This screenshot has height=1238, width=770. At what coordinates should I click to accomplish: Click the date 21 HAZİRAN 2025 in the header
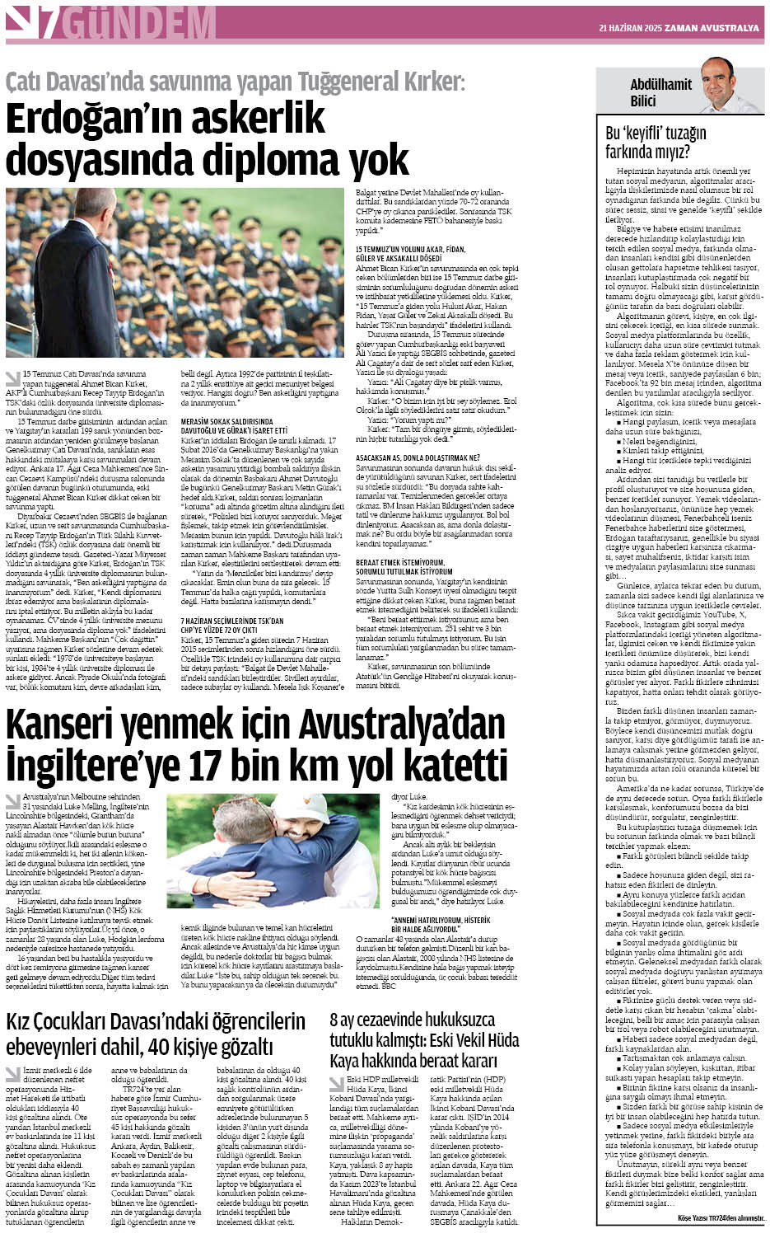coord(630,28)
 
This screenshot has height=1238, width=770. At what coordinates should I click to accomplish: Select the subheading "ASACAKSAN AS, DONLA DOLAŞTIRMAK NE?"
coord(418,457)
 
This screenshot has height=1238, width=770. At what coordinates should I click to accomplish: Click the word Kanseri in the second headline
coord(61,725)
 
